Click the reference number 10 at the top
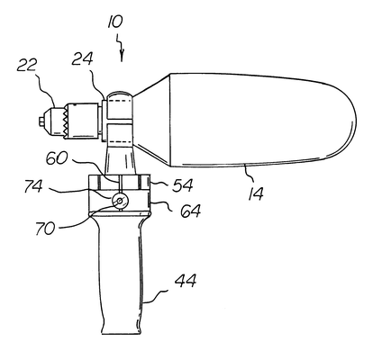pyautogui.click(x=115, y=22)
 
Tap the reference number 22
pyautogui.click(x=27, y=65)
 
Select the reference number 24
pyautogui.click(x=82, y=58)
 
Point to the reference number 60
pyautogui.click(x=57, y=158)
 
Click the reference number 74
pyautogui.click(x=33, y=186)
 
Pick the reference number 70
pyautogui.click(x=45, y=228)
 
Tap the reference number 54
pyautogui.click(x=182, y=185)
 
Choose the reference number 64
pyautogui.click(x=190, y=211)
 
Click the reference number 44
pyautogui.click(x=186, y=281)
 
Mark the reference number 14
pyautogui.click(x=256, y=193)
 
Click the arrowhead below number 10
pyautogui.click(x=122, y=57)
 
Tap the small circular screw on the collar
pyautogui.click(x=119, y=201)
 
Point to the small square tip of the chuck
pyautogui.click(x=41, y=121)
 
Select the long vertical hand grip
pyautogui.click(x=121, y=272)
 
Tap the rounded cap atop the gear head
pyautogui.click(x=120, y=94)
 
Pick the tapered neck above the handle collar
pyautogui.click(x=120, y=159)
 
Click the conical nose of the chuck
pyautogui.click(x=49, y=121)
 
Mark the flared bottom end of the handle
pyautogui.click(x=121, y=329)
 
